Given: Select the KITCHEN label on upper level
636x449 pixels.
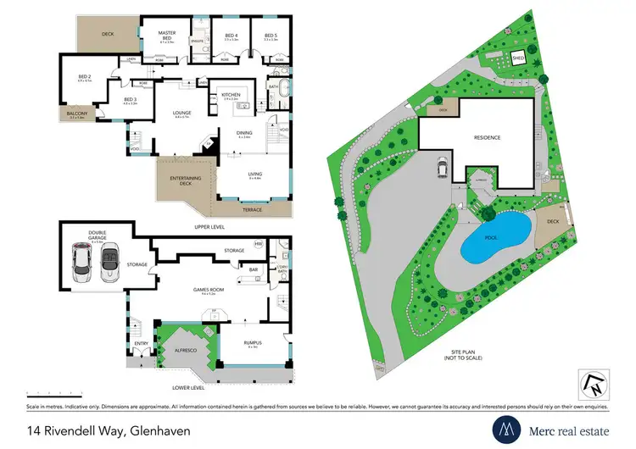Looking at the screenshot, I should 232,95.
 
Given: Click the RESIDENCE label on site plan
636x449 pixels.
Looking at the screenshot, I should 486,137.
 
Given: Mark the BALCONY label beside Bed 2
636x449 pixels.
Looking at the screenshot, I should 71,113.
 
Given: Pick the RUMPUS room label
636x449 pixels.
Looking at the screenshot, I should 235,344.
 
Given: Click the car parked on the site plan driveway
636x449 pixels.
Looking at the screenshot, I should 442,169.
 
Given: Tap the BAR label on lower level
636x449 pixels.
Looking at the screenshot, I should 253,269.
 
